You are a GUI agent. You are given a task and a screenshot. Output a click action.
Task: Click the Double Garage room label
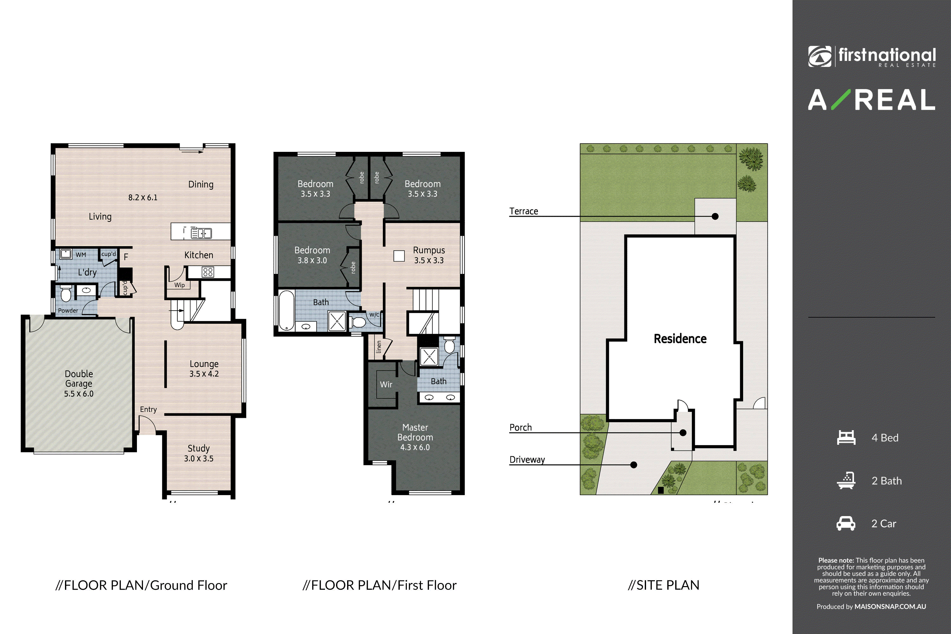tap(79, 383)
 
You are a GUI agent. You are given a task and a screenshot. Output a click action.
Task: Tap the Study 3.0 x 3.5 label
tap(198, 453)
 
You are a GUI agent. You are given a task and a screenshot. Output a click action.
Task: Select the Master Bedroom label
tap(415, 437)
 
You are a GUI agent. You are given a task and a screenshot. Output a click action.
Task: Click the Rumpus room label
tap(429, 255)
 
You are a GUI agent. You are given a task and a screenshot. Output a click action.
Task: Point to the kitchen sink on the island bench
tap(201, 233)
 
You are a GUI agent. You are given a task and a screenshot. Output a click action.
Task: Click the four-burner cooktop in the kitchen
tap(208, 272)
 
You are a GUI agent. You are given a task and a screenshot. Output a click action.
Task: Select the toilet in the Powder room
tap(66, 294)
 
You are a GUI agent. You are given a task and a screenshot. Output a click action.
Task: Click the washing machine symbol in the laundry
tap(66, 254)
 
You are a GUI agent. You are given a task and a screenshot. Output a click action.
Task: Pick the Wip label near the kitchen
tap(179, 285)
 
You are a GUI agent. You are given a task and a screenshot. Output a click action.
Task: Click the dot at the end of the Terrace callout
tap(715, 216)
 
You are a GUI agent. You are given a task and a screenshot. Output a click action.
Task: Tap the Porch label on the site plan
tap(521, 427)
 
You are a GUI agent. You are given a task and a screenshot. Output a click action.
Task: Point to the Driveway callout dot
tap(634, 465)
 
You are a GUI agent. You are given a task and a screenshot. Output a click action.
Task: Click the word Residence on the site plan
tap(680, 339)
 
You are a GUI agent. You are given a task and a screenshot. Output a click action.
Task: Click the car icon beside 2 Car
tap(846, 523)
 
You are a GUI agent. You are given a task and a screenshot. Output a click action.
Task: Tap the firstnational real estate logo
tap(872, 57)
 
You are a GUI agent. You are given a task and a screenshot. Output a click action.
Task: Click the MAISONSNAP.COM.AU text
tap(890, 606)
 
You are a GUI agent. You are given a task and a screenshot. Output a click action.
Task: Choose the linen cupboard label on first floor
tap(379, 346)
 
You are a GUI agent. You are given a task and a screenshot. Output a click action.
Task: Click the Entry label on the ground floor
tap(148, 410)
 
